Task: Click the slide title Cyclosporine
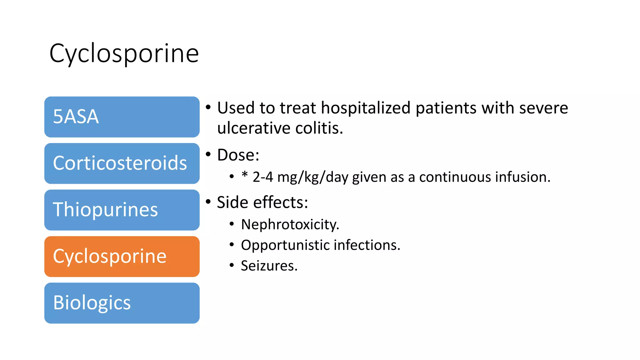(x=124, y=53)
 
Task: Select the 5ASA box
(x=122, y=117)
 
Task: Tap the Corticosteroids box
(x=122, y=163)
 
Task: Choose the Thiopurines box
(x=122, y=210)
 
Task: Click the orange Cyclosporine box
(x=122, y=257)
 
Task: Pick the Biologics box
(x=122, y=303)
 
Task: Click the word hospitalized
(x=365, y=108)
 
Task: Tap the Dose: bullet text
(x=238, y=155)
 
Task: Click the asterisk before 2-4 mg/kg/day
(x=245, y=175)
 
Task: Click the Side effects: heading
(x=262, y=202)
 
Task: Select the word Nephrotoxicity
(x=290, y=224)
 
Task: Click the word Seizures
(x=269, y=266)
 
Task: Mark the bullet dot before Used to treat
(x=208, y=107)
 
